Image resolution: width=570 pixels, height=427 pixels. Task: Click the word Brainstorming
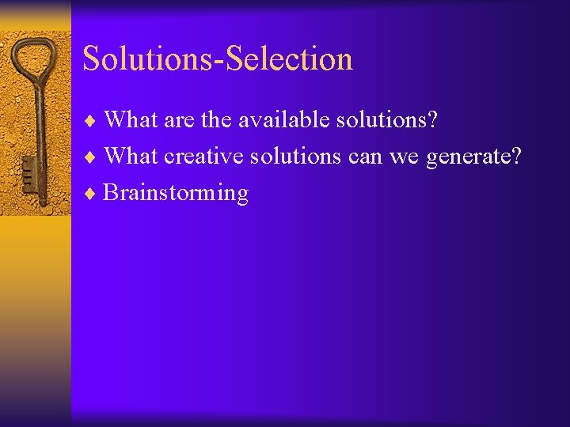tap(176, 193)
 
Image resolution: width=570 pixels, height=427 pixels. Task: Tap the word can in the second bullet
tap(365, 157)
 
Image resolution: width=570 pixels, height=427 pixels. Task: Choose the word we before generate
tap(405, 157)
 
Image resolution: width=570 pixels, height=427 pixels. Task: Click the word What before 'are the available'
tap(131, 120)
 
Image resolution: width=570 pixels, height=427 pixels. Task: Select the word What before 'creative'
tap(131, 157)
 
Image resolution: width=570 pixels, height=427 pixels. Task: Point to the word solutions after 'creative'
tap(296, 157)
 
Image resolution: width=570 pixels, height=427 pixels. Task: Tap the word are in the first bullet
tap(179, 121)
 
